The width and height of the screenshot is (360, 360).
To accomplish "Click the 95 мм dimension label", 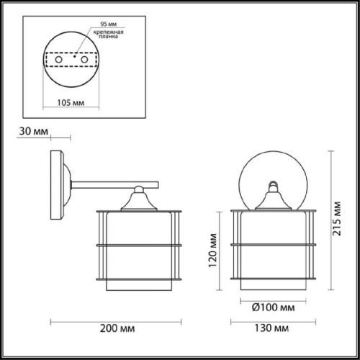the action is pos(109,24).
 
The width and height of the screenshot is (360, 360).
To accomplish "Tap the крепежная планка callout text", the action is pos(109,34).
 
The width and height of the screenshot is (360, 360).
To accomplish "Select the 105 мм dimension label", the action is pos(71,103).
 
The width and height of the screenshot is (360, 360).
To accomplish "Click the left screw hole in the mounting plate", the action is pos(59,60).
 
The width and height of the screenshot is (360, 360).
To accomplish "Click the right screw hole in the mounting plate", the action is pos(84,60).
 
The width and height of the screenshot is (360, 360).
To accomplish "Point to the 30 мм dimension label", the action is pos(34,131).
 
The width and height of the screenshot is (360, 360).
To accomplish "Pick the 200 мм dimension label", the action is pos(117,328).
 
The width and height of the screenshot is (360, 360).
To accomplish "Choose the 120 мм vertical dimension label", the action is pos(213,251).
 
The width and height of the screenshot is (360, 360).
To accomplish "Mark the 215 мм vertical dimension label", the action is pos(336,219).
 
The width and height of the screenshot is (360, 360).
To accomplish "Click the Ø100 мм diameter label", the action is pos(274,307).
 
